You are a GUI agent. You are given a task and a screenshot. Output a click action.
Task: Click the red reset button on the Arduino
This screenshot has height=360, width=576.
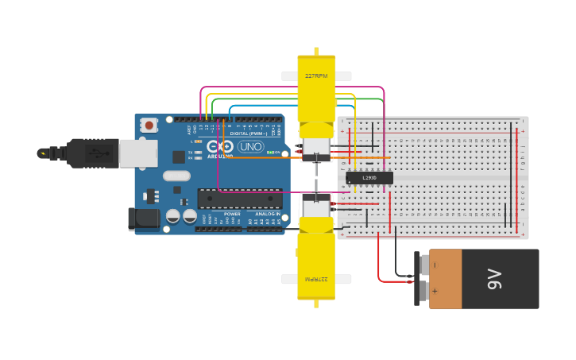click(149, 125)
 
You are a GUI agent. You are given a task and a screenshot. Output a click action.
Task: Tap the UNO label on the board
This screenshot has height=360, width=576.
click(251, 147)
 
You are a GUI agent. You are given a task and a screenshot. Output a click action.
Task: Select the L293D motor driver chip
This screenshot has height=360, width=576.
click(369, 178)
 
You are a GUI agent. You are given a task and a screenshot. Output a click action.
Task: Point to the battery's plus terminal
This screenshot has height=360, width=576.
click(424, 292)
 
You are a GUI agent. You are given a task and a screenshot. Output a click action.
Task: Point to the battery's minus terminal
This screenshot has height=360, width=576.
click(424, 265)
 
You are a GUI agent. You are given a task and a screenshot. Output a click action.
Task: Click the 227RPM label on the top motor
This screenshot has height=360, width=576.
click(316, 76)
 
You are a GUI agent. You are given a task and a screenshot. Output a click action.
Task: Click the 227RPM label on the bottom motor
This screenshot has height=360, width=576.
click(316, 279)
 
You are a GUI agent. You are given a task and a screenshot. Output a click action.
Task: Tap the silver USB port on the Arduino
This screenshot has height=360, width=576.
click(137, 153)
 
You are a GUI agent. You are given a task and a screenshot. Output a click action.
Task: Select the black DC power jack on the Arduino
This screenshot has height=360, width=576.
click(143, 219)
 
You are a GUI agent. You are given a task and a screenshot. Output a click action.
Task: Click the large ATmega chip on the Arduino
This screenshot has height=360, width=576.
click(239, 199)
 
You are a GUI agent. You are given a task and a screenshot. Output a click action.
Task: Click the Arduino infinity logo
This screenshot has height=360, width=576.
click(220, 147)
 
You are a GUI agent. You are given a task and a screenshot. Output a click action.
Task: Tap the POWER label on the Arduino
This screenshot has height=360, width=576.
click(232, 214)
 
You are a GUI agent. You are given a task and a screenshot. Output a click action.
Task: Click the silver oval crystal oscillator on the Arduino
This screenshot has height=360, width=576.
click(176, 176)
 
